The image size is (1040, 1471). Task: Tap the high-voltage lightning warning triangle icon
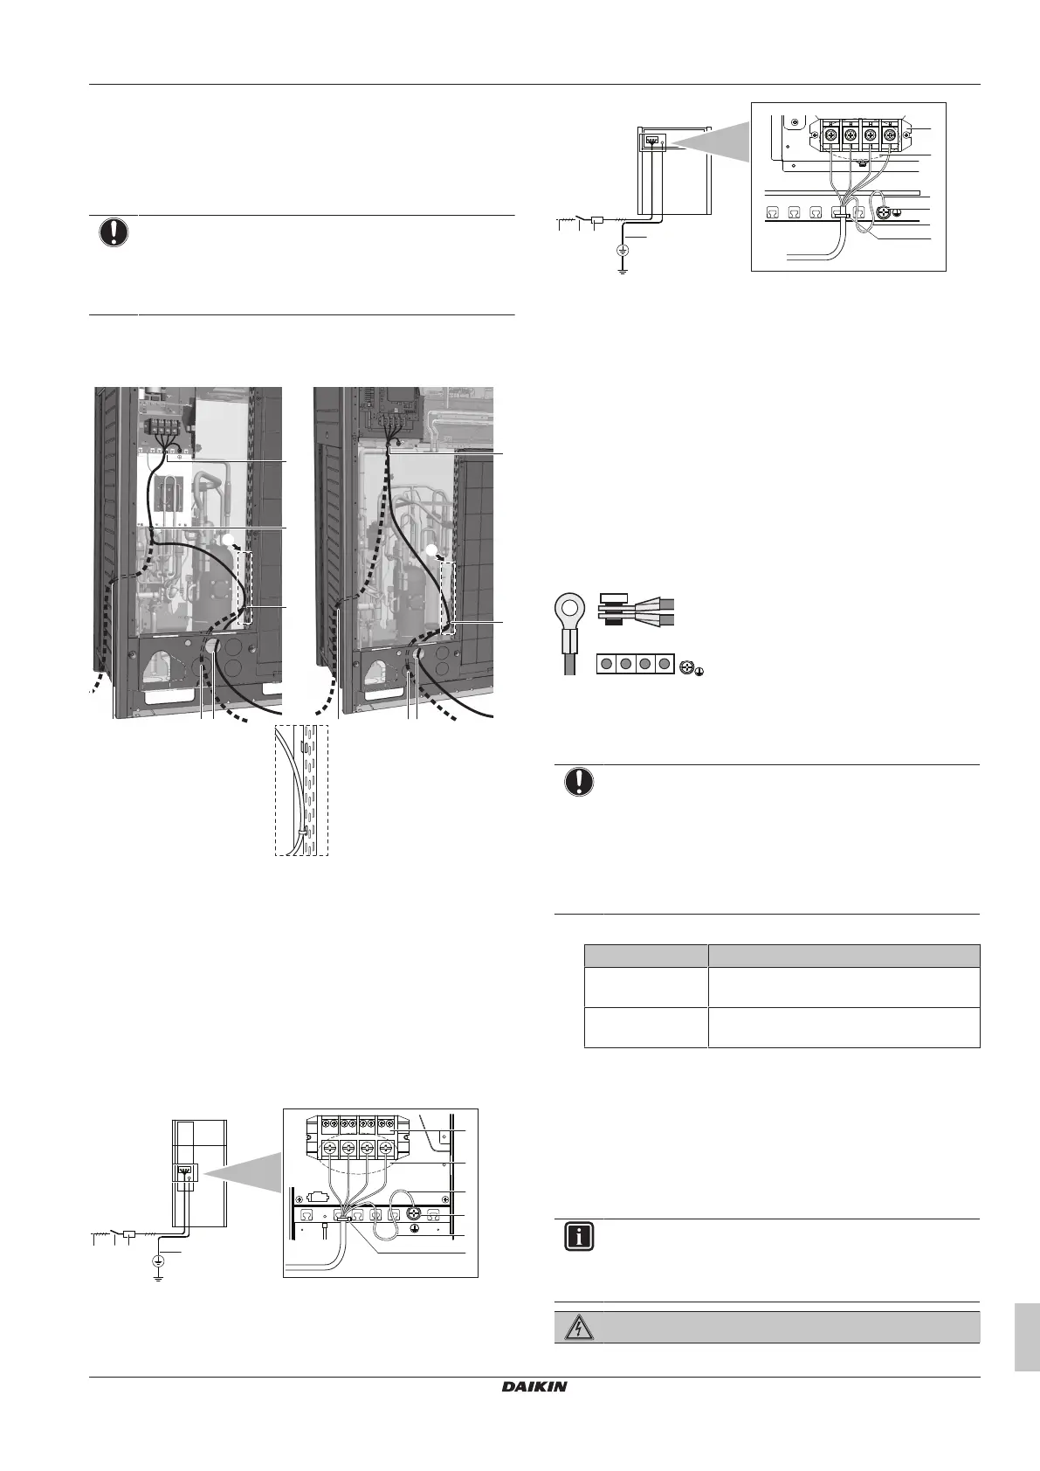[x=577, y=1328]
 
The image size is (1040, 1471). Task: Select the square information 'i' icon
[x=577, y=1238]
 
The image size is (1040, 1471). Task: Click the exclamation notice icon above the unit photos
[x=114, y=233]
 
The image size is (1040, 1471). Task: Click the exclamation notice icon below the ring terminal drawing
[x=577, y=783]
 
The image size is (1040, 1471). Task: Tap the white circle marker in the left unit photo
[x=230, y=541]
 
